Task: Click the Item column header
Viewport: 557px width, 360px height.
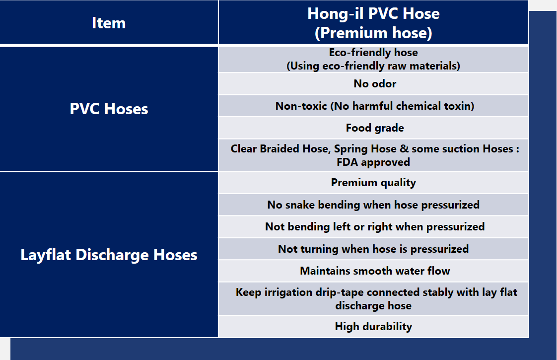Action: pos(109,23)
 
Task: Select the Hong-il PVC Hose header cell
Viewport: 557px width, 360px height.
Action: pos(373,23)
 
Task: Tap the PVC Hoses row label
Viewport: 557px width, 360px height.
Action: pos(109,109)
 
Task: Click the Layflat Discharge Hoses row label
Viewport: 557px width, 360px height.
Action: pos(109,254)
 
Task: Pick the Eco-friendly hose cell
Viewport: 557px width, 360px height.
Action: pos(373,59)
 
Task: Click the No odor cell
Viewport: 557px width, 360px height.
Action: pos(373,83)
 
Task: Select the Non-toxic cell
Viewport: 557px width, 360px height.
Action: pos(373,106)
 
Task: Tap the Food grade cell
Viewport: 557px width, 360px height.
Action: pos(373,128)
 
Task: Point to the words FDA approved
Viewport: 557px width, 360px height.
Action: pos(373,162)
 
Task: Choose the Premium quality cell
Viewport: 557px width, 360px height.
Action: pos(373,183)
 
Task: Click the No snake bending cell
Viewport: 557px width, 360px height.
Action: pos(373,205)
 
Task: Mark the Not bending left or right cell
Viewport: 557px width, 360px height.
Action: pos(373,227)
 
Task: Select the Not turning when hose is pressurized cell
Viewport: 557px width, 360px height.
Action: pos(373,249)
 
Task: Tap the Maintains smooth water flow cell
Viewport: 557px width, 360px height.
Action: pos(373,271)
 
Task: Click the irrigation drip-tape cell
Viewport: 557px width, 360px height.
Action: pos(373,299)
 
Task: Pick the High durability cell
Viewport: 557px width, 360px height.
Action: pos(373,327)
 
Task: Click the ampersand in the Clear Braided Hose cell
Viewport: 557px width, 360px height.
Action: pos(404,148)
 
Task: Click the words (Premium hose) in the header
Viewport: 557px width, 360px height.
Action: pos(373,33)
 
